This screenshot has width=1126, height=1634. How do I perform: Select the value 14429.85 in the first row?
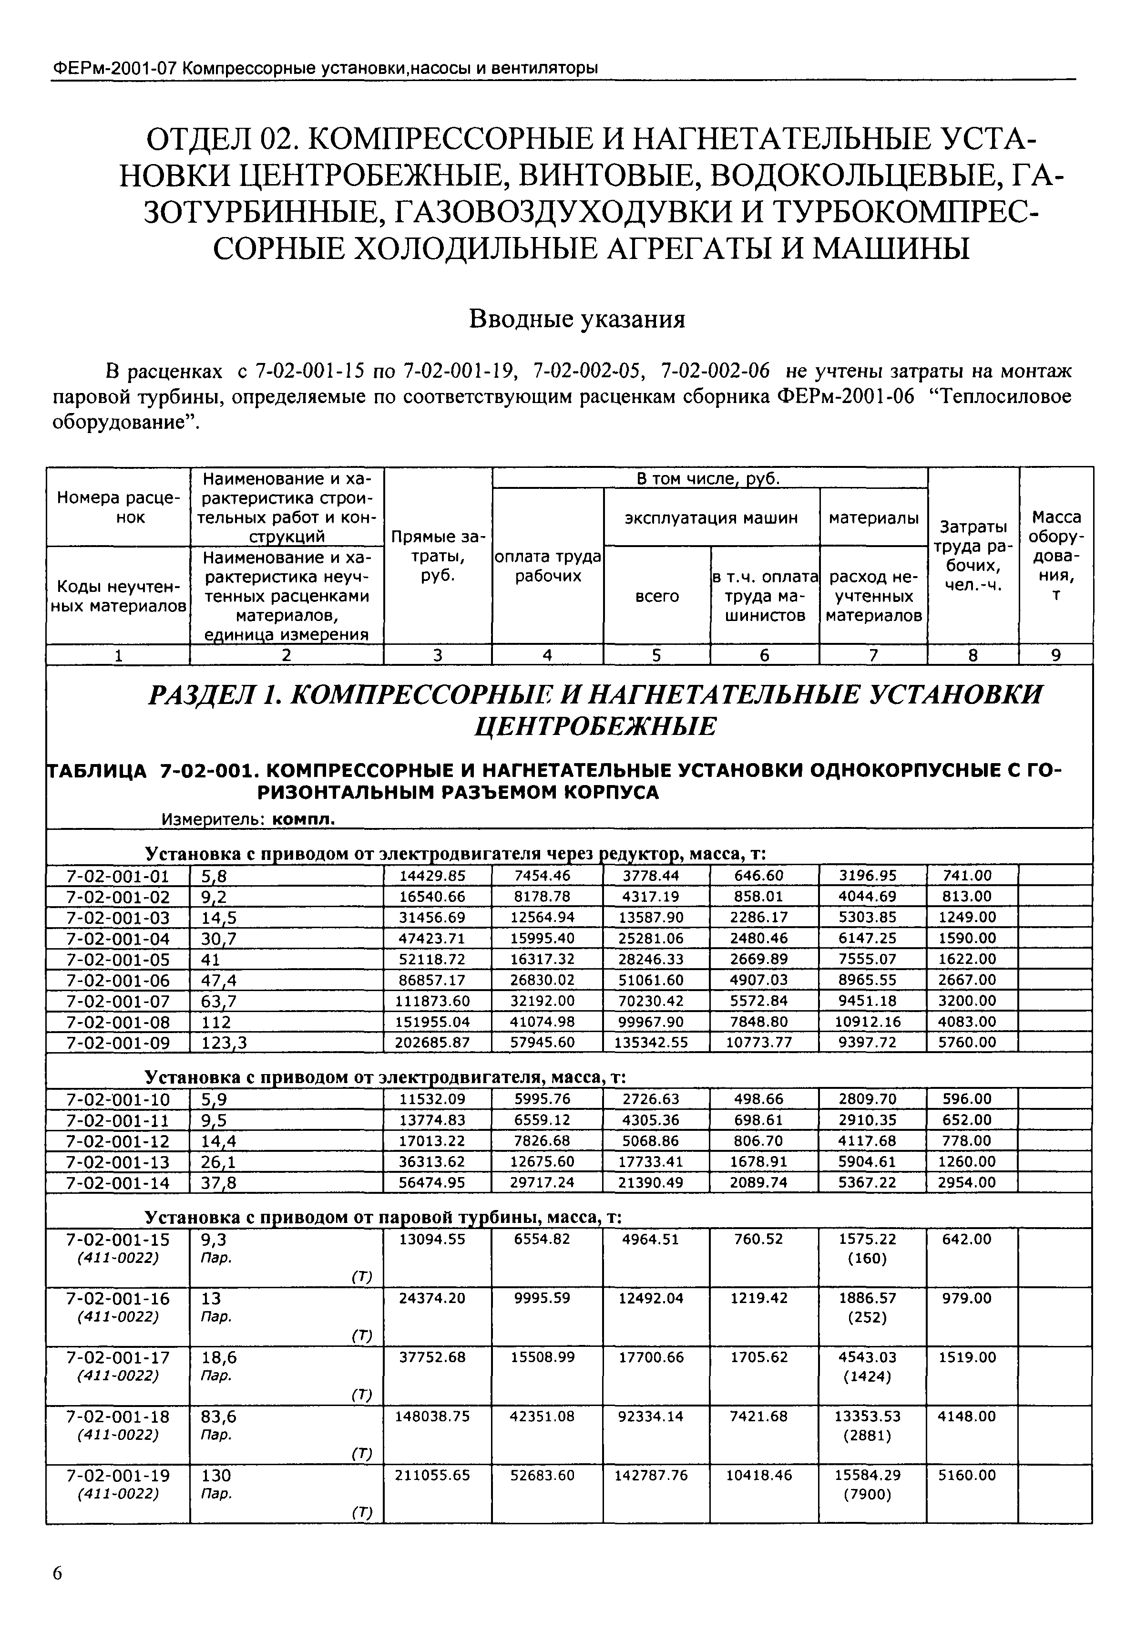point(434,875)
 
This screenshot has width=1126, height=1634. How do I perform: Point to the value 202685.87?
point(434,1042)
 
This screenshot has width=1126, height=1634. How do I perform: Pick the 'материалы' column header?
point(873,517)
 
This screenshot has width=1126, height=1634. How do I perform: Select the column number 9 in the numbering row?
point(1055,655)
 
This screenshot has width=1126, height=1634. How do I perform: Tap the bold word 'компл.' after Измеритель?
point(303,819)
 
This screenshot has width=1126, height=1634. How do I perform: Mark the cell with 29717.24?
point(543,1181)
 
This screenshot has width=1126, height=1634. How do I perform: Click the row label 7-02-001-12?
point(118,1140)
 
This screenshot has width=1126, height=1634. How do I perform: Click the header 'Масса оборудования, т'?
point(1055,556)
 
